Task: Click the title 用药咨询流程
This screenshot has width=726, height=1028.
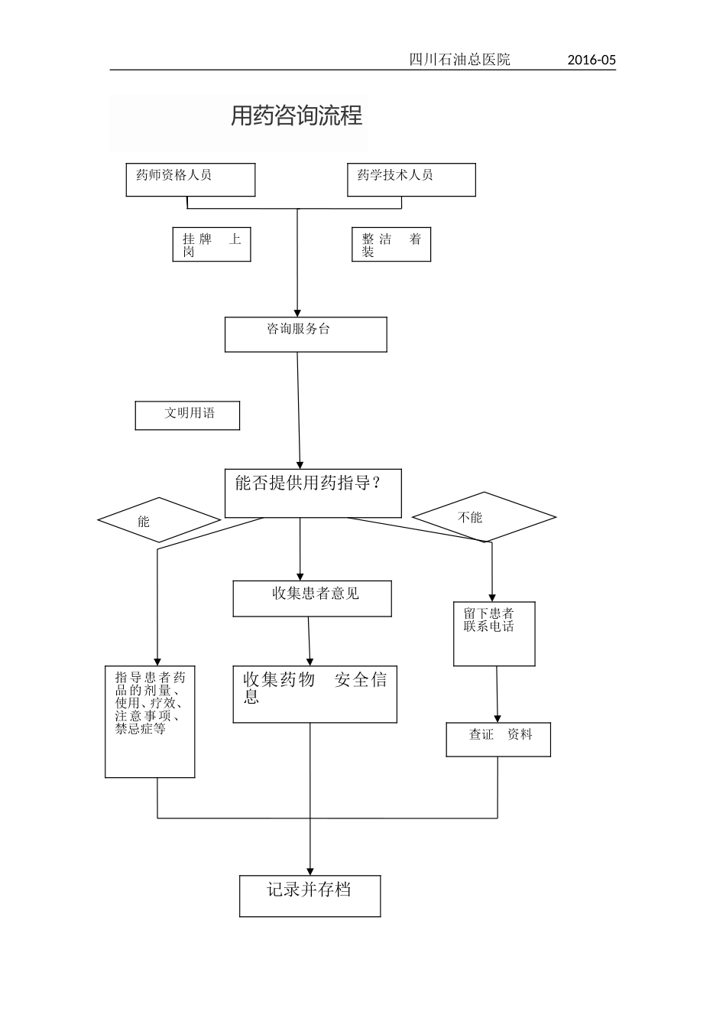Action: coord(297,116)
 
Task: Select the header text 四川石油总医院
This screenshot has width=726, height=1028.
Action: coord(459,60)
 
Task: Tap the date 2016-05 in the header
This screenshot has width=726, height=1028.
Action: coord(591,60)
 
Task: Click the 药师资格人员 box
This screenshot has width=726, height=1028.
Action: coord(190,180)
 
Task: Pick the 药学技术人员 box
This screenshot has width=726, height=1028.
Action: coord(411,180)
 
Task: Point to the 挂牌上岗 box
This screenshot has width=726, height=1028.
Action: coord(212,245)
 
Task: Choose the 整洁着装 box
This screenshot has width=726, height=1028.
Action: coord(391,245)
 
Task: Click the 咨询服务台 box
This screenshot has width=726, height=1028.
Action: coord(306,334)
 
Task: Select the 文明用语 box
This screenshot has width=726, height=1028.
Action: coord(187,415)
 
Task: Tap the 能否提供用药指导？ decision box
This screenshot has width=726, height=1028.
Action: coord(313,493)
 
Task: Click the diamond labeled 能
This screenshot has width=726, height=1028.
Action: coord(159,521)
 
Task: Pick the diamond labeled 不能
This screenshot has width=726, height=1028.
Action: coord(484,517)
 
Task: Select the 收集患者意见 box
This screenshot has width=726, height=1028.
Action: coord(312,598)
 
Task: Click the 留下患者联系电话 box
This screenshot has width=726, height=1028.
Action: coord(494,633)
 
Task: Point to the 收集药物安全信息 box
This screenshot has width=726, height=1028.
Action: coord(315,694)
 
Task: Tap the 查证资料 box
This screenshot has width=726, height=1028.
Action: coord(498,740)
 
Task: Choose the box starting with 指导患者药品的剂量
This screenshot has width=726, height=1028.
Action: coord(150,721)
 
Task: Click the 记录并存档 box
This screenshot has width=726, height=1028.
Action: coord(310,896)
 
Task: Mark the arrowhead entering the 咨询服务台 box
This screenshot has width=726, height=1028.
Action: coord(297,311)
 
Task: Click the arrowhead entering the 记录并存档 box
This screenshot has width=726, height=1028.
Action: coord(310,870)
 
